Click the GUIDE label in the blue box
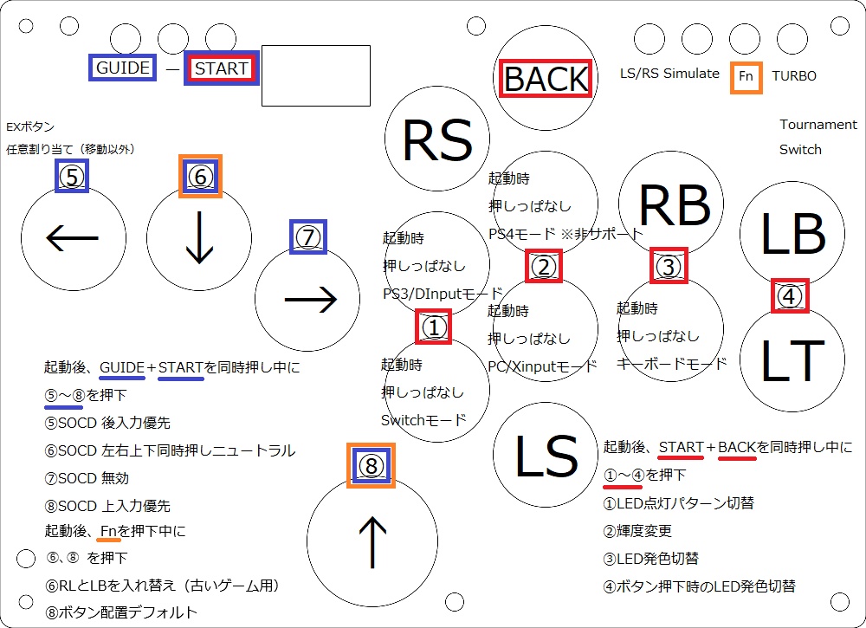[123, 68]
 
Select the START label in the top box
[221, 68]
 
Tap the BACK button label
[546, 79]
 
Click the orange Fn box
[746, 76]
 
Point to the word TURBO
[794, 76]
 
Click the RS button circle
[436, 139]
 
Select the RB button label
[674, 204]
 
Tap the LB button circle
[792, 232]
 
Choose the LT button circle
[792, 359]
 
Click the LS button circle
[546, 455]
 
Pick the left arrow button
[74, 238]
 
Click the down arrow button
[199, 238]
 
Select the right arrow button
[307, 299]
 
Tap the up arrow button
[371, 533]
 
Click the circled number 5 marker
[72, 177]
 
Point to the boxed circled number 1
[434, 327]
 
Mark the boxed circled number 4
[789, 295]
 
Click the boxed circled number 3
[669, 266]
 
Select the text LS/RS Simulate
[669, 74]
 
